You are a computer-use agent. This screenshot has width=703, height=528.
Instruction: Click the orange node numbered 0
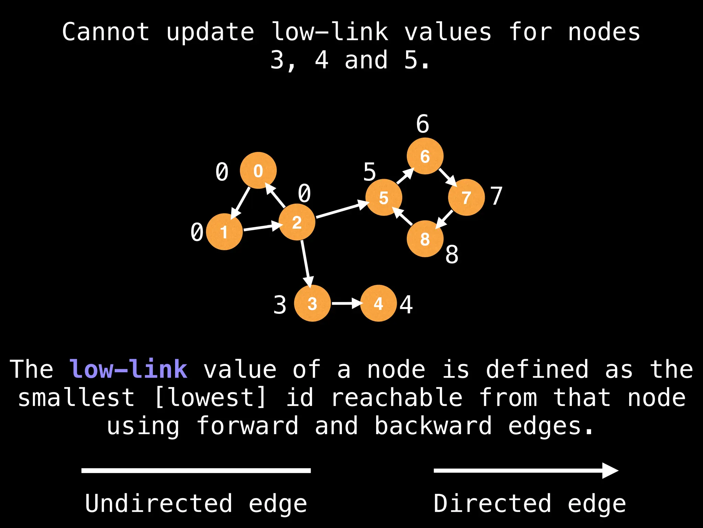pos(258,170)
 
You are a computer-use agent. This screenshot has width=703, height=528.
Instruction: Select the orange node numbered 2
pos(297,222)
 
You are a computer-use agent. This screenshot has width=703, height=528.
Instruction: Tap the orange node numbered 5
pos(383,197)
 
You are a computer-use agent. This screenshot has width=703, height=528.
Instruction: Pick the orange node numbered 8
pos(425,239)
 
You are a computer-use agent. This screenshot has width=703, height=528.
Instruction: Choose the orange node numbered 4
pos(378,303)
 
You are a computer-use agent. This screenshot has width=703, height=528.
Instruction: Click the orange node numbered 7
pos(466,197)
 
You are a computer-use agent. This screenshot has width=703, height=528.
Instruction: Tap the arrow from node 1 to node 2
pos(262,227)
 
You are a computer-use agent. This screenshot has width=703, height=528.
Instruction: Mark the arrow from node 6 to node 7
pos(447,177)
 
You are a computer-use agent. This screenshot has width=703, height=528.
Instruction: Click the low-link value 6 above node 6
pos(423,124)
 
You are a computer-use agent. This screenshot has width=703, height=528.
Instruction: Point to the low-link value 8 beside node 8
pos(452,255)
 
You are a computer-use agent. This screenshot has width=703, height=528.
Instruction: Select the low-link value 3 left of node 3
pos(280,305)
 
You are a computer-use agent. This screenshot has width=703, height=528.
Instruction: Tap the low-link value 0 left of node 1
pos(197,232)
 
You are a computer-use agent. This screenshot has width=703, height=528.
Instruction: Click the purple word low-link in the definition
pos(128,369)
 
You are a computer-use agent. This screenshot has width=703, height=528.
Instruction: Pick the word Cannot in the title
pos(106,32)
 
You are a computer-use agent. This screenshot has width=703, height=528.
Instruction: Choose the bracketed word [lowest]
pos(210,398)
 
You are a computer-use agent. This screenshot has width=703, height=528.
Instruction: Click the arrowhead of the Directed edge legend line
pos(610,471)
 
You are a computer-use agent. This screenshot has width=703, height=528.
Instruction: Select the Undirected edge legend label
pos(196,504)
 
